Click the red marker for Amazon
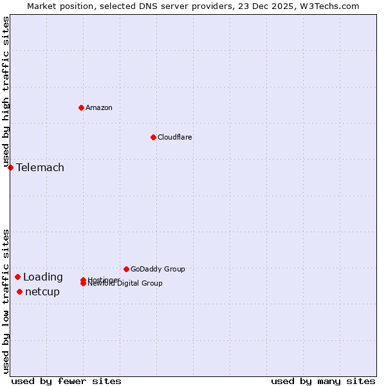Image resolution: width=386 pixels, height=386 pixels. [x=81, y=107]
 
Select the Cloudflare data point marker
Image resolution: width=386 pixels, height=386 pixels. [x=153, y=137]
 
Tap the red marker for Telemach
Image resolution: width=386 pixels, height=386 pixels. [x=10, y=167]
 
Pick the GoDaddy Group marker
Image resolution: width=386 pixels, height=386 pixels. [x=126, y=269]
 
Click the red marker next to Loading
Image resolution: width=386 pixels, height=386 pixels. [x=17, y=277]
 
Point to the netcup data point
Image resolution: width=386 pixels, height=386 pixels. [x=19, y=291]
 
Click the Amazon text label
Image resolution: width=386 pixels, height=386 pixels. [x=99, y=107]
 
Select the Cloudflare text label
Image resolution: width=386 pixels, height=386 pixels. [x=175, y=137]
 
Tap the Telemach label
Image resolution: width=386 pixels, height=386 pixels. [x=40, y=168]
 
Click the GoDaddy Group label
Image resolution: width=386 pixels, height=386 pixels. [x=158, y=269]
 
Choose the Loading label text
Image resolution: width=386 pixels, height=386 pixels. [x=43, y=277]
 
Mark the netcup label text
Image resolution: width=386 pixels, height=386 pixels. [x=42, y=292]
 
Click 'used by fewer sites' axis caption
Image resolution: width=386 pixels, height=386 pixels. [x=66, y=381]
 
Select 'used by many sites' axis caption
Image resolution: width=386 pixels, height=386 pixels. [x=323, y=381]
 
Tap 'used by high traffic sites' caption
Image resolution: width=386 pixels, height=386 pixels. [x=6, y=92]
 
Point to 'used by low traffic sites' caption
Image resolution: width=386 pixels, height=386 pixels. [x=6, y=301]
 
